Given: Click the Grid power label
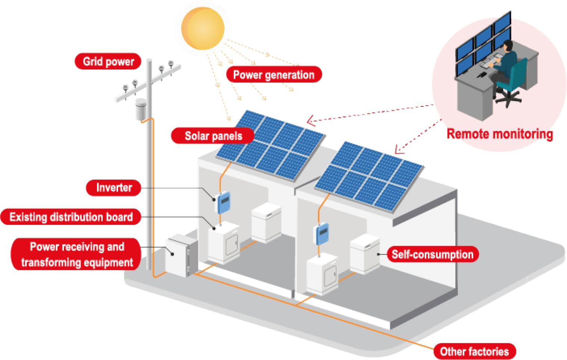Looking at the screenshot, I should click(x=108, y=61).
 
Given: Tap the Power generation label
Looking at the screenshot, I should click(x=273, y=75).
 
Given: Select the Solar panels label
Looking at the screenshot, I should click(x=213, y=136).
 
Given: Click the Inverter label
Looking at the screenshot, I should click(x=114, y=187).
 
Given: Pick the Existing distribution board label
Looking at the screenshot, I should click(x=71, y=217).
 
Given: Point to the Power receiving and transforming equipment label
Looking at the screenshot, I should click(x=77, y=254).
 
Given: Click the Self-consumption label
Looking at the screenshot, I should click(x=432, y=254).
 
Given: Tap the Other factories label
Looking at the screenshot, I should click(x=474, y=351).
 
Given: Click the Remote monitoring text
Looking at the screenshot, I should click(x=499, y=134).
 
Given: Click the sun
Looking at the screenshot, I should click(x=202, y=28).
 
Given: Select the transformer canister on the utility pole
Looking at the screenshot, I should click(x=141, y=109).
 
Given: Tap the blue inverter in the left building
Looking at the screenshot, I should click(x=223, y=202).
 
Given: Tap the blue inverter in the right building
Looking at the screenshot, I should click(x=322, y=233).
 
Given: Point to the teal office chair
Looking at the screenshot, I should click(x=514, y=81).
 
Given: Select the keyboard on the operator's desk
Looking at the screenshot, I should click(x=490, y=61).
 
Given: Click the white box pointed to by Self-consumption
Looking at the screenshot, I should click(x=365, y=254).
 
